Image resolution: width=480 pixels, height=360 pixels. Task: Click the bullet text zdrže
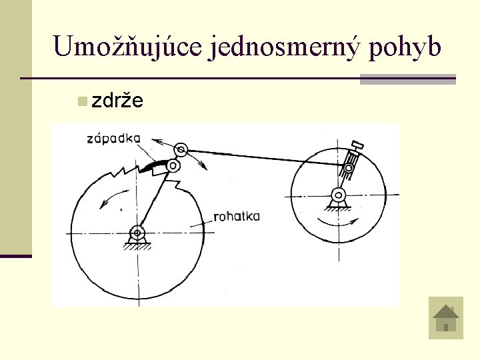click(117, 101)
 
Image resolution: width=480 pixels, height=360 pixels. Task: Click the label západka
click(113, 138)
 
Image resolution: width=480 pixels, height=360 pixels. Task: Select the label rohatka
click(237, 216)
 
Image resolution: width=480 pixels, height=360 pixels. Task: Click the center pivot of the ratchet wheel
click(138, 233)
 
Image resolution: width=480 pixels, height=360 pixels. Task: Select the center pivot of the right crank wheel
click(339, 195)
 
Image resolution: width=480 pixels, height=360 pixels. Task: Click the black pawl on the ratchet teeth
click(154, 165)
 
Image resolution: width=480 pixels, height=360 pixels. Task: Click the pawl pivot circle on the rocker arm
click(173, 165)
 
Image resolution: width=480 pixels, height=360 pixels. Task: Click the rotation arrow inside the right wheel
click(339, 221)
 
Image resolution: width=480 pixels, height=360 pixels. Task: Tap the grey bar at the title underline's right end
click(407, 79)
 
